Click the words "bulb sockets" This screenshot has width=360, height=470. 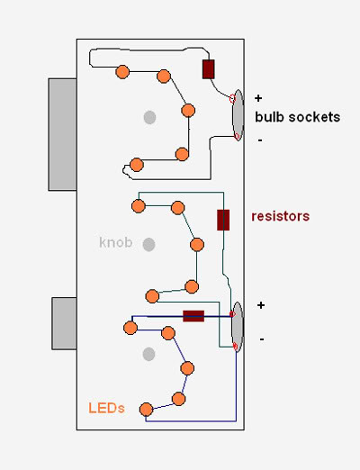(x=297, y=117)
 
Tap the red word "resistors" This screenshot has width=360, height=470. (x=281, y=216)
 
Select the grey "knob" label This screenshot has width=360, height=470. (x=116, y=242)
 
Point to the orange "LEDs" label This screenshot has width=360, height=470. (x=106, y=408)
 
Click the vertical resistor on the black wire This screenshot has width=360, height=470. (x=209, y=69)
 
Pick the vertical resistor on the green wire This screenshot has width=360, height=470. (x=223, y=220)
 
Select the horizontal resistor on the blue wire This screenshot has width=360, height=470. (x=193, y=316)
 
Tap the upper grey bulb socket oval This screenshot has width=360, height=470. (x=238, y=115)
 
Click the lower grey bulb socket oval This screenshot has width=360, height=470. (x=238, y=327)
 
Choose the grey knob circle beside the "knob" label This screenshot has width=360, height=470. (x=148, y=245)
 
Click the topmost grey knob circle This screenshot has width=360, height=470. (x=149, y=117)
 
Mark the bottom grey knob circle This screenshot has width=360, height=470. (x=148, y=354)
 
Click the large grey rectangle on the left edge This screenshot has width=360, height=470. (x=62, y=134)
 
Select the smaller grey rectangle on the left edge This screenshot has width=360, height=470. (x=64, y=323)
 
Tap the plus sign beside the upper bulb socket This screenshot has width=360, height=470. (x=258, y=98)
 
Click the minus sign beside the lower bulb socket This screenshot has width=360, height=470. (x=262, y=339)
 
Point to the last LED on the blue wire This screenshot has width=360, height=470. (x=146, y=410)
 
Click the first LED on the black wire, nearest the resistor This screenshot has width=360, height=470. (x=122, y=72)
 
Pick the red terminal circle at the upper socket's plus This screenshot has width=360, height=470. (x=232, y=98)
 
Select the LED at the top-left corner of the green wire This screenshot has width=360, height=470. (x=139, y=206)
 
